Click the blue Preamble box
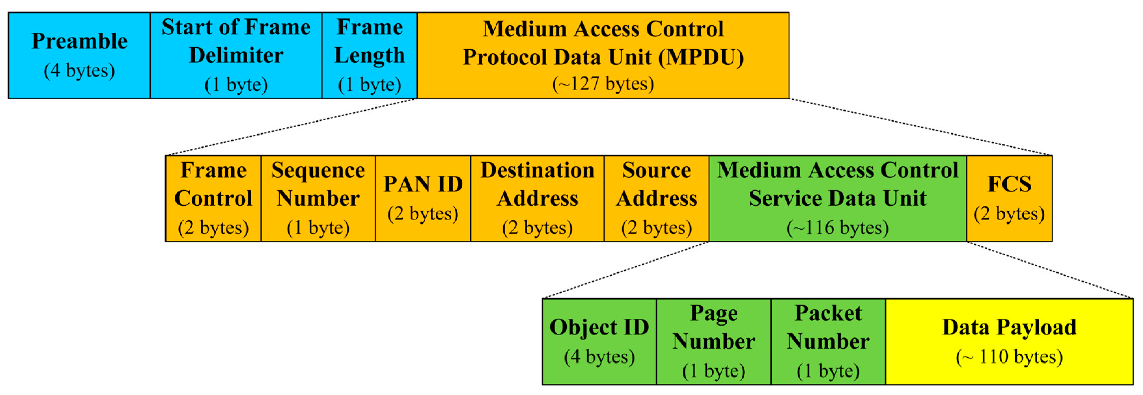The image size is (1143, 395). tap(79, 55)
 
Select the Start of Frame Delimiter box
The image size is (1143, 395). tap(236, 55)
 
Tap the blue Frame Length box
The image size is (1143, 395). tap(369, 55)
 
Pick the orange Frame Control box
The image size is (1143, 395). tap(213, 198)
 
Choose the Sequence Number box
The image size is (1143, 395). tap(318, 198)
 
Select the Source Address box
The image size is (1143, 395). tap(656, 198)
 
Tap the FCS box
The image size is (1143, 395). tap(1009, 198)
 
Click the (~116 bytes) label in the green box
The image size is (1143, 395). tap(837, 228)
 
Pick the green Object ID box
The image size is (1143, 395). tap(599, 341)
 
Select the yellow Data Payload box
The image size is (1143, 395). tap(1009, 341)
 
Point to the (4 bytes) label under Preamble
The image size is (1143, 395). tap(79, 71)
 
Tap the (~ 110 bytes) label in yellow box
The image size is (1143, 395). tap(1009, 357)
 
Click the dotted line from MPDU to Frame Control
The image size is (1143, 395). tap(291, 127)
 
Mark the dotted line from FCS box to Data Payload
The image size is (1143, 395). tap(1049, 270)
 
